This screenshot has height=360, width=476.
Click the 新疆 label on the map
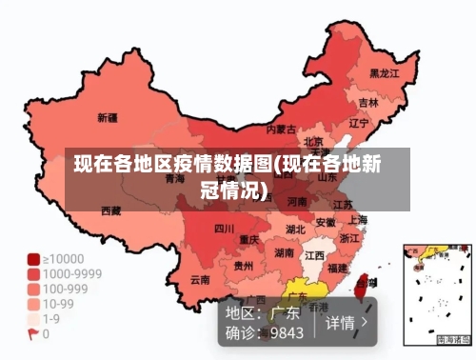point(107,119)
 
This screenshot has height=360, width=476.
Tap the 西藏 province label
point(110,210)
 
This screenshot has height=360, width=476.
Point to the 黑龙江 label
point(384,72)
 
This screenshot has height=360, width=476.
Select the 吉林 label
point(368,102)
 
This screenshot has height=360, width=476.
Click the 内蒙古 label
point(281,129)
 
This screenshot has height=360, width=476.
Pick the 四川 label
point(224,229)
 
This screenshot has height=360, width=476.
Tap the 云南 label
point(200,280)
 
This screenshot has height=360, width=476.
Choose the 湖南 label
point(284,253)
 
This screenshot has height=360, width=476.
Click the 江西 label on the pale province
point(314,255)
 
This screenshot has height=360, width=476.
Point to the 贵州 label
point(244,266)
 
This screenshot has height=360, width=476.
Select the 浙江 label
point(349,238)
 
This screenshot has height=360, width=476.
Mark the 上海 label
point(359,218)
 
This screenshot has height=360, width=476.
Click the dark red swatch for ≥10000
point(33,259)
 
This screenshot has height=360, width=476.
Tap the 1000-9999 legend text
point(71,271)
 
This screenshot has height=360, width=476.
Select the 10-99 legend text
point(60,305)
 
